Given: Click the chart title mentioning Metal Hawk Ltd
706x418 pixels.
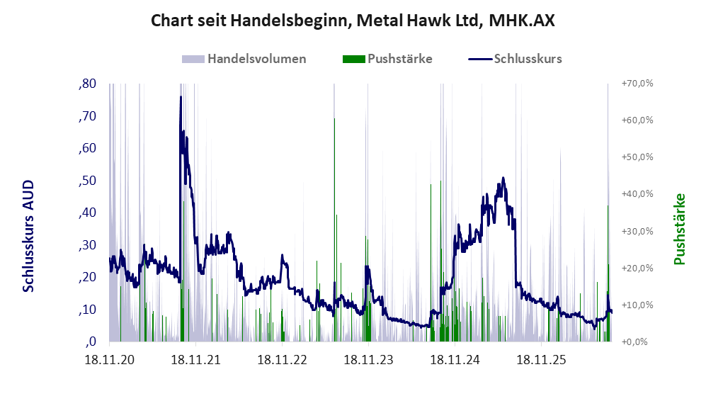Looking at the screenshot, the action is pos(353,21).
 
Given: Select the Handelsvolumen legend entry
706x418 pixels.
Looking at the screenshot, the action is pos(244,59).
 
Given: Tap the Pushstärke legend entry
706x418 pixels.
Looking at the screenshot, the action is pos(387,59).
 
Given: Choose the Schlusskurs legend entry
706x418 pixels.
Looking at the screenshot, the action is pos(515,59).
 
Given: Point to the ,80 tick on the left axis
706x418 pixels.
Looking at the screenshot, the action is pos(87,84).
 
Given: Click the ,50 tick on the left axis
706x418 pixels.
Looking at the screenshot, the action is pos(87,181).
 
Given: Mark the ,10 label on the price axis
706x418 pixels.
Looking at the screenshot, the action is pos(87,310).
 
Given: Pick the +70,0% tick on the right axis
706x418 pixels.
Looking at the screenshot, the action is pos(637,84).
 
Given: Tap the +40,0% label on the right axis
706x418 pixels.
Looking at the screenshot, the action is pos(637,193).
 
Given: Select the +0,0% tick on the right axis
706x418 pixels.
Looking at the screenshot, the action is pos(635,341).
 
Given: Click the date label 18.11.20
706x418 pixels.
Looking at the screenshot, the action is pos(110,360).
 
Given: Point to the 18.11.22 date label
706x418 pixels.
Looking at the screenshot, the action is pos(283,360).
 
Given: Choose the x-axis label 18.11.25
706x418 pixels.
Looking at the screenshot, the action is pos(541,360).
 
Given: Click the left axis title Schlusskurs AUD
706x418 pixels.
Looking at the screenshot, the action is pos(28,236).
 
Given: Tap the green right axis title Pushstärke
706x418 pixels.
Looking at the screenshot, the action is pos(679,229).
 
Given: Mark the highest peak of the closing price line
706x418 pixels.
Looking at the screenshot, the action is pos(181,97).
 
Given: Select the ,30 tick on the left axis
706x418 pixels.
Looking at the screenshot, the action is pos(87,245).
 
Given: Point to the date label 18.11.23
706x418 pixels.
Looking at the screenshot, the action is pos(369,360).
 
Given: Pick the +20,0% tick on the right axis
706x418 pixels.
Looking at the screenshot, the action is pos(637,268).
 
